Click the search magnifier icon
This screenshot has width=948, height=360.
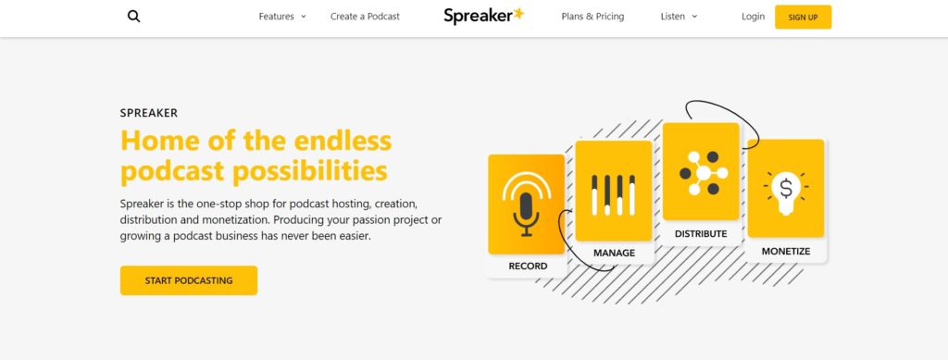pos(133,17)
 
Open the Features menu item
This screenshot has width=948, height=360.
pos(282,17)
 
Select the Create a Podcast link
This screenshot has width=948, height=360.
pos(365,17)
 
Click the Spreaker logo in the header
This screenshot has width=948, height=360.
pos(483,17)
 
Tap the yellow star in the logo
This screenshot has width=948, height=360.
pos(518,14)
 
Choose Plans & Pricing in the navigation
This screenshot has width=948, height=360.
pos(592,17)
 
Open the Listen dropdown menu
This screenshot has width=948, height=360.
pos(679,17)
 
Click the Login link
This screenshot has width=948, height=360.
pos(753,17)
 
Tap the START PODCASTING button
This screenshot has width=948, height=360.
pos(189,280)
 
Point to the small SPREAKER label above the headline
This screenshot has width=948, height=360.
pos(149,113)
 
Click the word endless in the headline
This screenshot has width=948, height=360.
pos(343,141)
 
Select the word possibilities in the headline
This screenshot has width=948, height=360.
pos(310,171)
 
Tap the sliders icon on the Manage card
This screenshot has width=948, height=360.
pos(613,195)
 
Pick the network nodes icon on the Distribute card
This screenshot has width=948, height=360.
pos(704,173)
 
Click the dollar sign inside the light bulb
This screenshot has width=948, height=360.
pos(786,189)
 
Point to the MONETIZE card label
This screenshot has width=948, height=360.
pos(786,252)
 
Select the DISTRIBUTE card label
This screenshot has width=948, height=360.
pos(701,234)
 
